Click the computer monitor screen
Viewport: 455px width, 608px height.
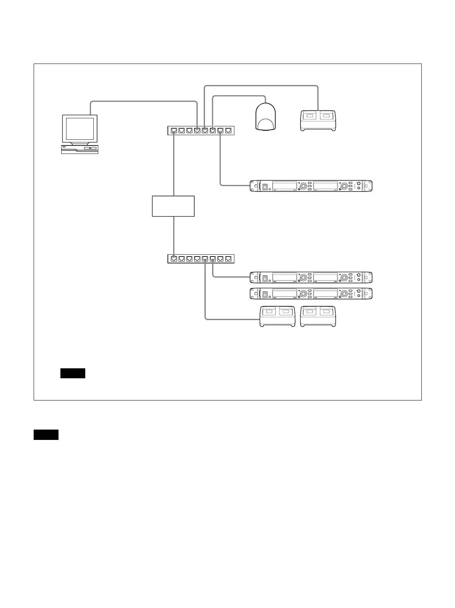[x=80, y=129]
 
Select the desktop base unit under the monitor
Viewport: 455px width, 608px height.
[x=80, y=149]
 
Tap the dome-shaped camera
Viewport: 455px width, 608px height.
[x=265, y=117]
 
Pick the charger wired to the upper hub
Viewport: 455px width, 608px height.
[x=318, y=121]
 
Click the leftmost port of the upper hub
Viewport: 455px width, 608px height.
[x=174, y=131]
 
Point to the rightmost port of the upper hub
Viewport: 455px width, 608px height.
[x=228, y=131]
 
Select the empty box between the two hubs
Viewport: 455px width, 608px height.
[x=173, y=206]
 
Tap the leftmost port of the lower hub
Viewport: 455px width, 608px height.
[x=174, y=258]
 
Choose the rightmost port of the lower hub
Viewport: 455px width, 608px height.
[x=228, y=258]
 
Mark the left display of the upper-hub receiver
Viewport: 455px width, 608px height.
[x=284, y=186]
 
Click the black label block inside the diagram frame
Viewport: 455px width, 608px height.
[x=73, y=373]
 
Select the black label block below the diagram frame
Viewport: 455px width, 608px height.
[x=46, y=435]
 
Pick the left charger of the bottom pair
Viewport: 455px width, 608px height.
[x=278, y=316]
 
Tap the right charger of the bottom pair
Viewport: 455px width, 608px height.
[x=318, y=316]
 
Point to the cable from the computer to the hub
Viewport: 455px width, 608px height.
[x=143, y=101]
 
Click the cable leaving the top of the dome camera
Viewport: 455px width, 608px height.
[x=237, y=96]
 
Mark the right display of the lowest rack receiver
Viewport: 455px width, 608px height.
[x=325, y=294]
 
